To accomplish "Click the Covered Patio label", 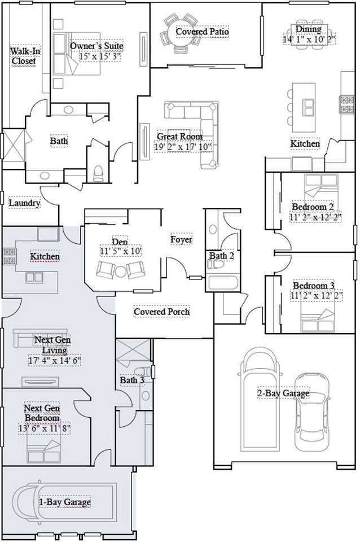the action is (x=202, y=32).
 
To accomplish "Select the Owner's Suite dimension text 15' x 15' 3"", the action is (x=100, y=56).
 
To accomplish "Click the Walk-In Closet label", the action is (x=24, y=56).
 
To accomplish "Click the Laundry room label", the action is (x=24, y=203).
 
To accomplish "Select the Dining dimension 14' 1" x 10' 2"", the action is (x=309, y=39).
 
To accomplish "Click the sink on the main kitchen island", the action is (x=309, y=107).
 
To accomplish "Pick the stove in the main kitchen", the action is (x=347, y=105).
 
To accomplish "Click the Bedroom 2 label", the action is (x=313, y=207).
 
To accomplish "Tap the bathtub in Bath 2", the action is (x=223, y=282).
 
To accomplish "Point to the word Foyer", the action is (x=181, y=239).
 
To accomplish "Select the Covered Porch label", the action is (x=162, y=312).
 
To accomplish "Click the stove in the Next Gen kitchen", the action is (x=10, y=256).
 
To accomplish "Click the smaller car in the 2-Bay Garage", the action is (x=311, y=412).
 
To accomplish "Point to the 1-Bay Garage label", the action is (x=64, y=502).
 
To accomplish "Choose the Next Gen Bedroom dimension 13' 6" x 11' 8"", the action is (x=45, y=429).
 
